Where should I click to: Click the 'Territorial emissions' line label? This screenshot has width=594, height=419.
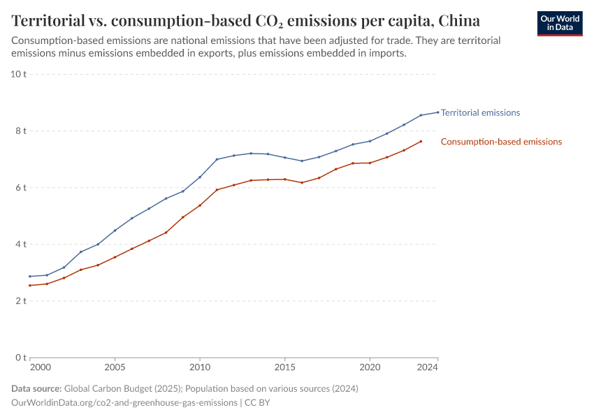tap(480, 112)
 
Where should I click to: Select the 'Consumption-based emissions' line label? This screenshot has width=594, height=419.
tap(501, 142)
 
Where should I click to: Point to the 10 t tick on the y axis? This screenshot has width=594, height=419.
tap(18, 74)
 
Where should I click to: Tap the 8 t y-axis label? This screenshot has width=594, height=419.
tap(20, 131)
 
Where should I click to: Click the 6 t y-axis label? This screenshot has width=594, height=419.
tap(20, 187)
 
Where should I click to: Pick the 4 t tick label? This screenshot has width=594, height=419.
tap(20, 244)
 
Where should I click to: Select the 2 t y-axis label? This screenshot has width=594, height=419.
tap(20, 301)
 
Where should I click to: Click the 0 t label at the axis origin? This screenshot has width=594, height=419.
tap(20, 358)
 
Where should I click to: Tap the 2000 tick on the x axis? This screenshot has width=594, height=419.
tap(41, 367)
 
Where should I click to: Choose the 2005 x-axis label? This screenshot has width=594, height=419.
tap(115, 367)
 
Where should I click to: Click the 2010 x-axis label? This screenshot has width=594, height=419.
tap(200, 367)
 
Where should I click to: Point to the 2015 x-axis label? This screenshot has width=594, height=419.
tap(284, 367)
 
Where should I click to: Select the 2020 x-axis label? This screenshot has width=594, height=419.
tap(370, 367)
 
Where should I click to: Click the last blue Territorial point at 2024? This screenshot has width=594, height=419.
tap(437, 112)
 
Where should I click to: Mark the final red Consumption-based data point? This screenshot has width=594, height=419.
tap(421, 141)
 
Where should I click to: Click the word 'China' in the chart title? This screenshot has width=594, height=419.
tap(459, 19)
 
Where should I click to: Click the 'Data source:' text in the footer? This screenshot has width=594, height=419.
tap(36, 388)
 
